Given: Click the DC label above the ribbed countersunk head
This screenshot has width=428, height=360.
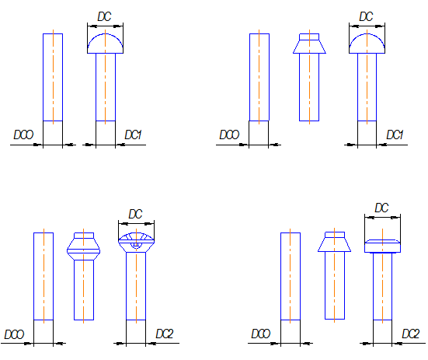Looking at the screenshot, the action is pyautogui.click(x=136, y=214).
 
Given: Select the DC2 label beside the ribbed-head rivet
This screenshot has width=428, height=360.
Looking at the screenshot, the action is pyautogui.click(x=165, y=334).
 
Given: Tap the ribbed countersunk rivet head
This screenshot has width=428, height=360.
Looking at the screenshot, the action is pyautogui.click(x=136, y=243).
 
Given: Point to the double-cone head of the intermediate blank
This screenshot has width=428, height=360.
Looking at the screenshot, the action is pyautogui.click(x=84, y=246).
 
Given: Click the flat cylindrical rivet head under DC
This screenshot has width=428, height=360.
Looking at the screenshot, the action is pyautogui.click(x=382, y=246).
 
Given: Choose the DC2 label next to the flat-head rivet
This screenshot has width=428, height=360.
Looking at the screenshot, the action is pyautogui.click(x=411, y=334).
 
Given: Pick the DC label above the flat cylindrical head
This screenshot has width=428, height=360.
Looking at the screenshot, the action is pyautogui.click(x=381, y=208).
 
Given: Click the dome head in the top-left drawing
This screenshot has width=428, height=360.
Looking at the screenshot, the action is pyautogui.click(x=105, y=44).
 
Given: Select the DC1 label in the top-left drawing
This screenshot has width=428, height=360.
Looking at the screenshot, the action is pyautogui.click(x=133, y=135).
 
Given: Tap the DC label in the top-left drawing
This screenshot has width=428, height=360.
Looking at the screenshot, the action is pyautogui.click(x=104, y=16).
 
